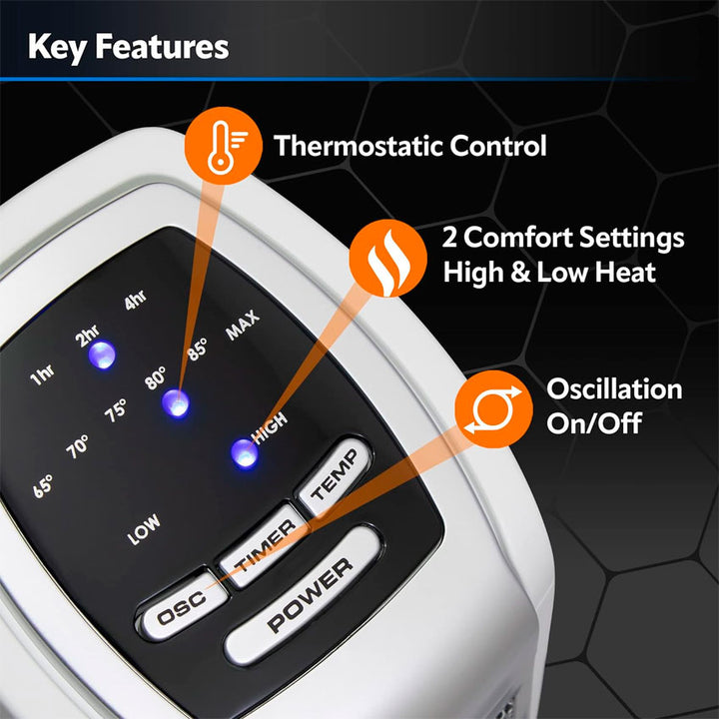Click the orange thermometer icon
click(x=224, y=146)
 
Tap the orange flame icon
click(x=387, y=259)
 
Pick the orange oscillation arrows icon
click(x=493, y=409)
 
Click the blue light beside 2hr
click(x=102, y=355)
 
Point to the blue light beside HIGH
click(x=245, y=453)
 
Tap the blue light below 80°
click(x=175, y=403)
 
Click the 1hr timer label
click(x=42, y=375)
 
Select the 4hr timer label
click(x=135, y=300)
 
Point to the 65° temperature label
click(x=43, y=486)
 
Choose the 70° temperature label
click(x=77, y=446)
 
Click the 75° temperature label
click(x=115, y=410)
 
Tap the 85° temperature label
click(x=197, y=350)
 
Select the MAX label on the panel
click(x=243, y=326)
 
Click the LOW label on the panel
click(x=144, y=529)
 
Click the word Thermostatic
click(x=358, y=146)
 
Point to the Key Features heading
click(x=129, y=48)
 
